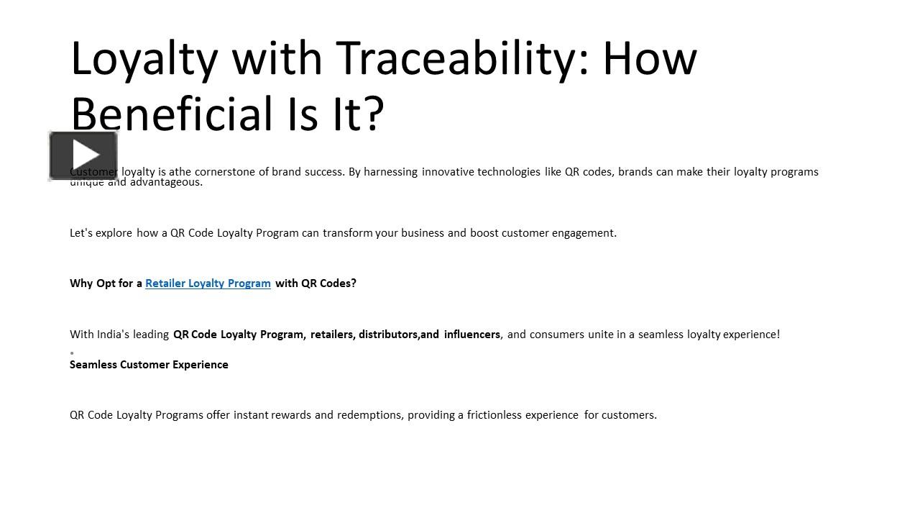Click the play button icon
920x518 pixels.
(83, 155)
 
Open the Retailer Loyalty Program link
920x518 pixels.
(208, 283)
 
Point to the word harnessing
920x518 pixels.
(390, 172)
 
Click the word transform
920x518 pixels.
(348, 233)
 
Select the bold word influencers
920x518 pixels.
(471, 335)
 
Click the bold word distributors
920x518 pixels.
(389, 335)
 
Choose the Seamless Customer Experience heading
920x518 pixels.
(149, 365)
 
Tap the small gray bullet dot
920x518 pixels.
(72, 353)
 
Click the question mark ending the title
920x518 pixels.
(373, 114)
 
